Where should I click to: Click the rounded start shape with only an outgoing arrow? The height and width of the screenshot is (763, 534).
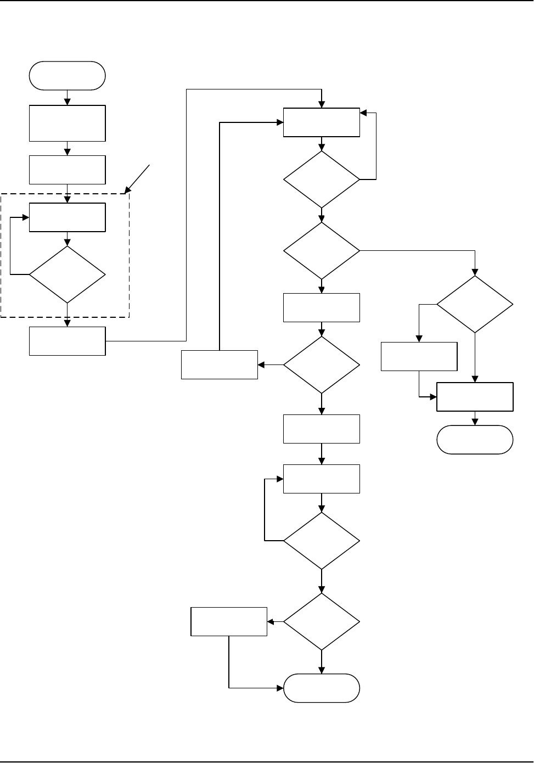pos(67,76)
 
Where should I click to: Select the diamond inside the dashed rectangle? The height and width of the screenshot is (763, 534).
pos(67,274)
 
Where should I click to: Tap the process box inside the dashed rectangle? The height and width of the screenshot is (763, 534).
pos(67,217)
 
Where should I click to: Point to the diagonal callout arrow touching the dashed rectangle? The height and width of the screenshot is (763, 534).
pos(138,177)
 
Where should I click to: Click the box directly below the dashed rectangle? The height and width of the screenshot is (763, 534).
pos(67,341)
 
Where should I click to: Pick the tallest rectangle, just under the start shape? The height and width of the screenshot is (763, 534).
pos(67,124)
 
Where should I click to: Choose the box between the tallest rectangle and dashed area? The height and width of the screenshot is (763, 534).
pos(67,170)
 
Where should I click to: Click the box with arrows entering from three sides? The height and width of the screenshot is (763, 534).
pos(322,122)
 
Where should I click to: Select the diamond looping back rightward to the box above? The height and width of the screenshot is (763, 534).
pos(322,179)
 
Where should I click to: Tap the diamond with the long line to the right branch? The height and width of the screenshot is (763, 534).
pos(322,251)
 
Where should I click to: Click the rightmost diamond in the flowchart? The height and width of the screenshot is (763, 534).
pos(475,304)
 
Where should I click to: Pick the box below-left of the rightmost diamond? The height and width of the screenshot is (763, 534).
pos(419,356)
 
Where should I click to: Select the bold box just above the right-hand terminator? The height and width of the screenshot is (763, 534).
pos(475,397)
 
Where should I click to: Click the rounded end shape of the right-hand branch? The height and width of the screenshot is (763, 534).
pos(475,440)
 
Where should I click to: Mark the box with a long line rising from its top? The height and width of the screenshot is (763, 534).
pos(220,364)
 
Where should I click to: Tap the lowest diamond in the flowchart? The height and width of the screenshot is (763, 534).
pos(322,622)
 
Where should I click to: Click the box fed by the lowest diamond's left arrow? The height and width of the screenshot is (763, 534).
pos(229,622)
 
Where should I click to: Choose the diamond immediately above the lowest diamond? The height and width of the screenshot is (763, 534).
pos(322,541)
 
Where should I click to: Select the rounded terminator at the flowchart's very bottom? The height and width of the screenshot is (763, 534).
pos(322,688)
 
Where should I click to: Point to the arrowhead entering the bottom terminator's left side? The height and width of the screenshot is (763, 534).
pos(280,688)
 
